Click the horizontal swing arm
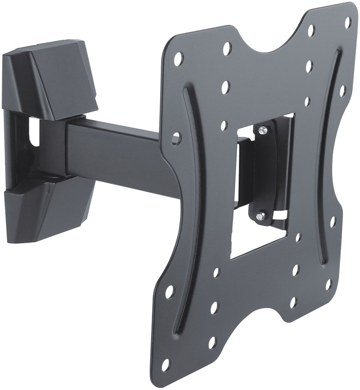coord(117,156)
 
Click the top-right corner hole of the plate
coord(348,22)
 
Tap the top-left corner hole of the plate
coord(178,58)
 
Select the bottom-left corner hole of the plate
coord(166,365)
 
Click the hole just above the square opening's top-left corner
coord(224,125)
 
